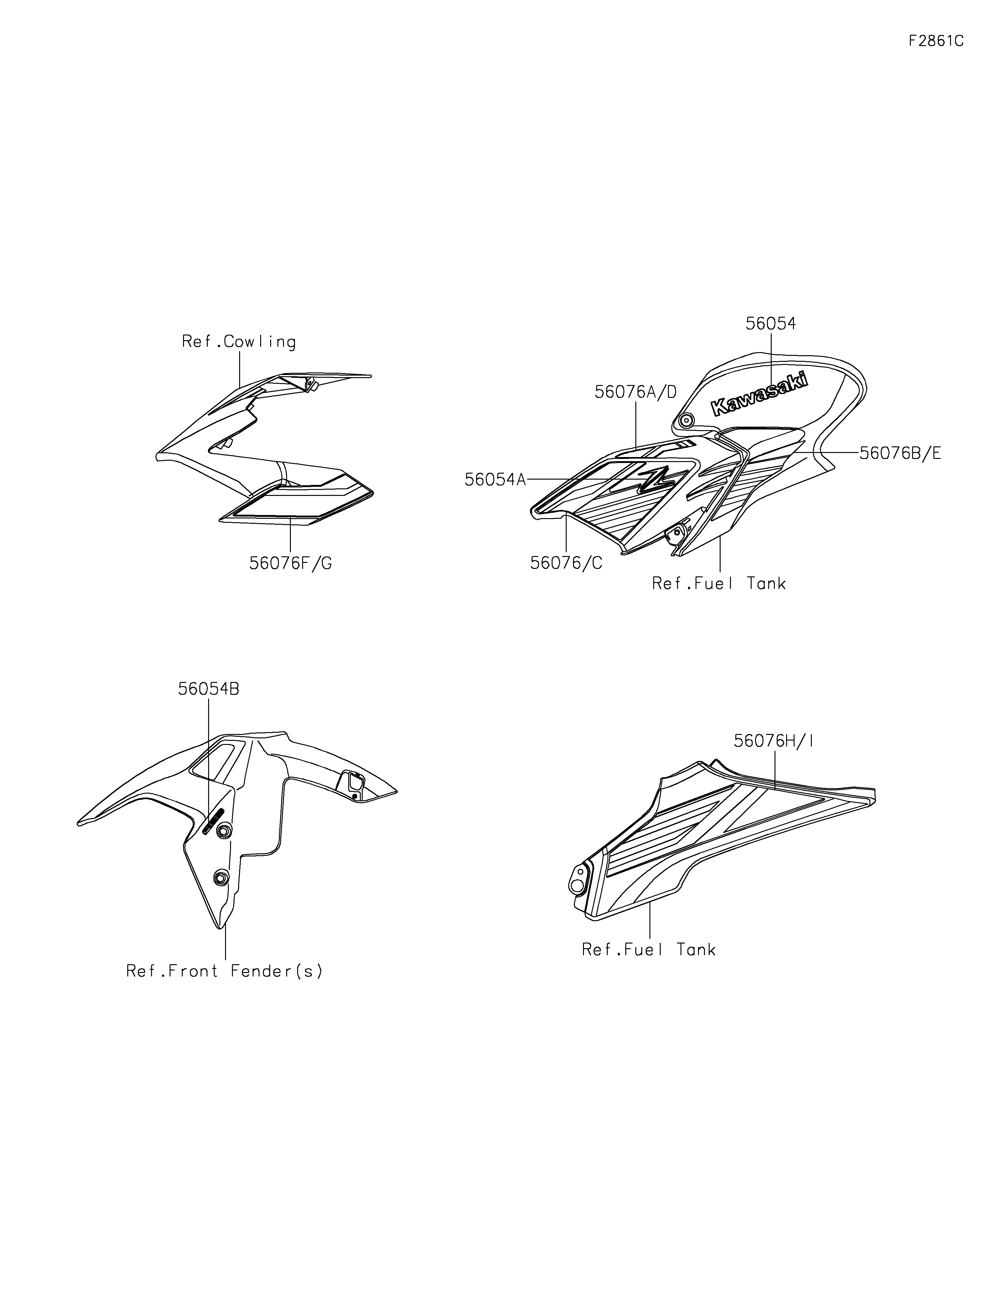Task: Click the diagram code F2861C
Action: (936, 41)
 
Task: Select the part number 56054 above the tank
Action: (770, 324)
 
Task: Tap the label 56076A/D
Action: (635, 392)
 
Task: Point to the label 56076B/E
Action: (900, 453)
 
